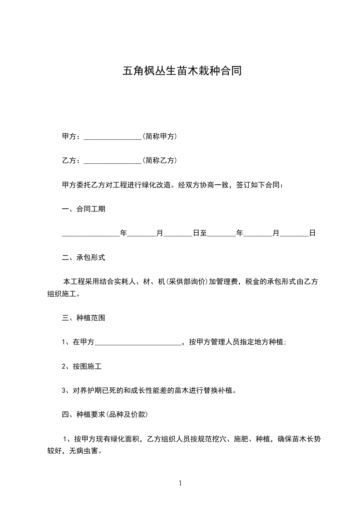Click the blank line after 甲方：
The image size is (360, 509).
(x=113, y=137)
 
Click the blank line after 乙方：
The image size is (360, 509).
(x=113, y=161)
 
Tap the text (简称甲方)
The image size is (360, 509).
(x=159, y=136)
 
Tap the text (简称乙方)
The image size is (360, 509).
(x=159, y=161)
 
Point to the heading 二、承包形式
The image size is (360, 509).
(x=84, y=258)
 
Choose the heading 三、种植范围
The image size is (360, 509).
(x=84, y=318)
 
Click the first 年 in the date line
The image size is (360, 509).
(x=123, y=233)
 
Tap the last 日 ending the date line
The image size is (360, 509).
(x=312, y=233)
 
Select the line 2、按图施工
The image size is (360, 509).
(x=79, y=367)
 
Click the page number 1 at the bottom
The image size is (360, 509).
(x=180, y=483)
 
